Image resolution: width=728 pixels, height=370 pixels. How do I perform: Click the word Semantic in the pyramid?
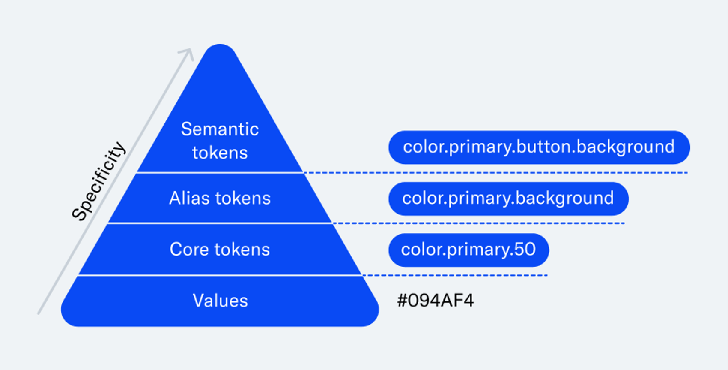[220, 129]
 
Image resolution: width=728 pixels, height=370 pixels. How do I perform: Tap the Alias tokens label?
[220, 198]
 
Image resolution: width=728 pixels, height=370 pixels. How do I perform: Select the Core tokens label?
[220, 250]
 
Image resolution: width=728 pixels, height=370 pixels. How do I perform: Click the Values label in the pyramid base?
[221, 301]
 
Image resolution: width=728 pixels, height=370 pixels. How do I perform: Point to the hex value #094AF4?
[435, 301]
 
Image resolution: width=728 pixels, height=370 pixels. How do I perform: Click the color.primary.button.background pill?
[539, 147]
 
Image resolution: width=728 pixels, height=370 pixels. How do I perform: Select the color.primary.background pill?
[508, 199]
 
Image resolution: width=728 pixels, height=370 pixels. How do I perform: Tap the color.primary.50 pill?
[468, 250]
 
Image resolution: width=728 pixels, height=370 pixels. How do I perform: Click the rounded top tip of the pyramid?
[220, 45]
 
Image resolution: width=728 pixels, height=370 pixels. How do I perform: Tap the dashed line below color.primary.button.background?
[495, 173]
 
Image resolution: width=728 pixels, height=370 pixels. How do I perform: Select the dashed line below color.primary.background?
[478, 223]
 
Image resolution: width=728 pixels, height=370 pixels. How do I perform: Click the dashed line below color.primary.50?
[455, 275]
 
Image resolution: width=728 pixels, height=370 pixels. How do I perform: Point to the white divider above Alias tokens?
[220, 173]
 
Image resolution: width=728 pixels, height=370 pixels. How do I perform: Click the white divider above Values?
[220, 275]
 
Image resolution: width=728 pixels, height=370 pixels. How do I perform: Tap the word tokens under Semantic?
[220, 153]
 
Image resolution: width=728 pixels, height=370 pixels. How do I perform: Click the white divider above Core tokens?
[220, 223]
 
